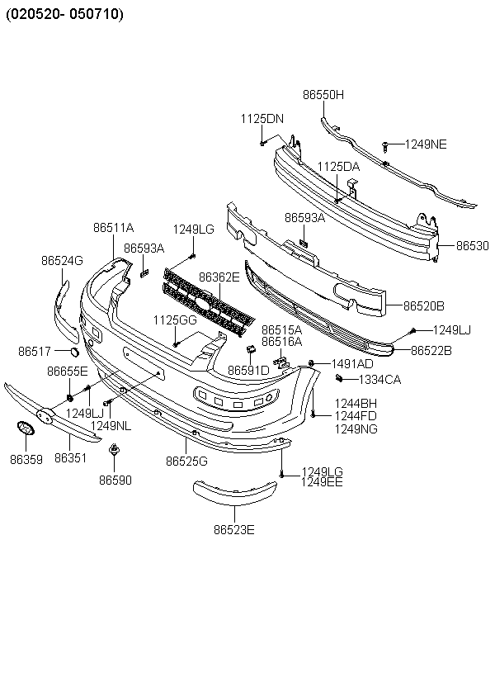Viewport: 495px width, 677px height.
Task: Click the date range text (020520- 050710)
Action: [x=64, y=14]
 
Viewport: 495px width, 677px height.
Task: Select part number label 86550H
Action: [x=323, y=95]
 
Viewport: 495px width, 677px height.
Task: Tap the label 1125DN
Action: [x=262, y=119]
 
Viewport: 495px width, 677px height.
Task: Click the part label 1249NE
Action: [x=426, y=144]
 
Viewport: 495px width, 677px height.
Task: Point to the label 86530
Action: [x=473, y=246]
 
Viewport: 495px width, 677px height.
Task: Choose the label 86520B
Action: [x=424, y=306]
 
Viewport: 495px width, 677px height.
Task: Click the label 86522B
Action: [x=431, y=351]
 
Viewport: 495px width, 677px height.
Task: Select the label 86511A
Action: [x=114, y=228]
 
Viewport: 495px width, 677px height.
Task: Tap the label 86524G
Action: [x=62, y=261]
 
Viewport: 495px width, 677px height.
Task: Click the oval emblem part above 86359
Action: [x=26, y=428]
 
